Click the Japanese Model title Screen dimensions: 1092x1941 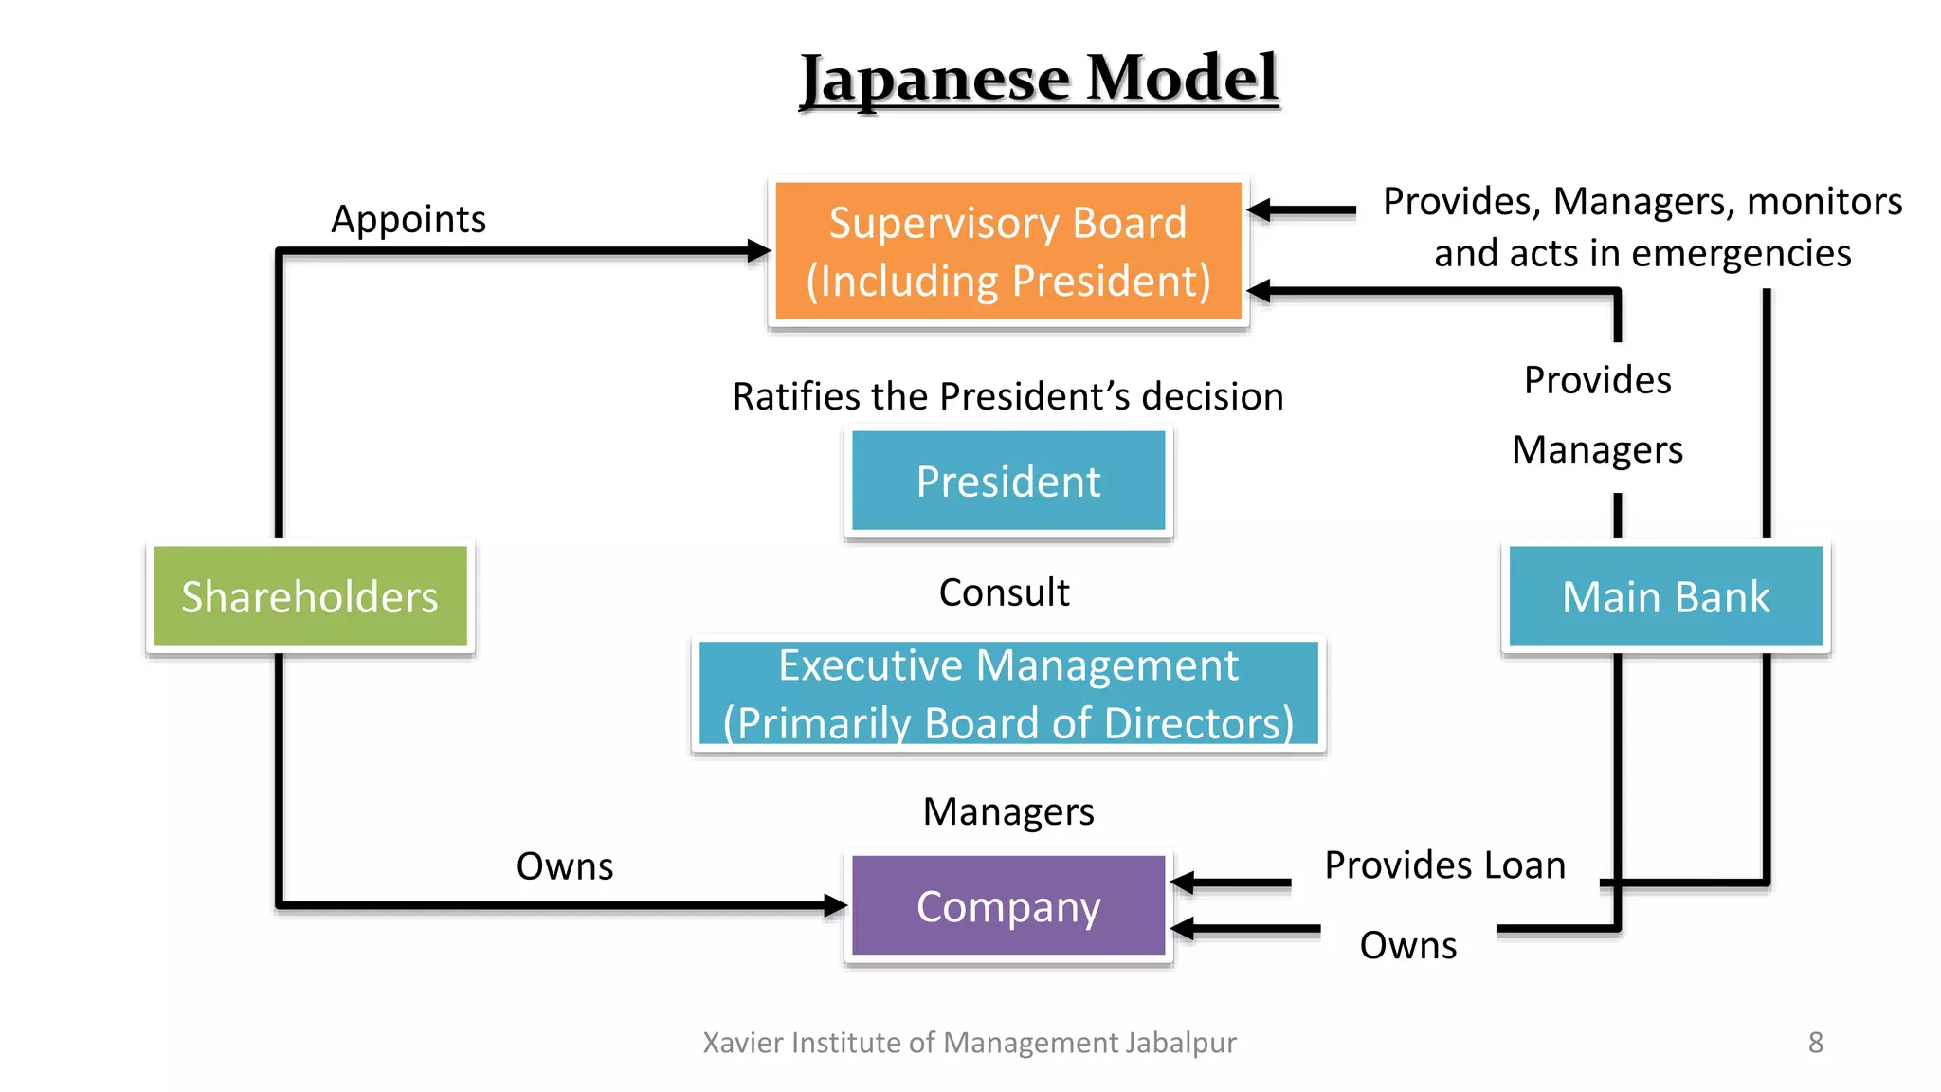click(x=1039, y=79)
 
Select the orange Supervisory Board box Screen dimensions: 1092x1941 click(x=1007, y=251)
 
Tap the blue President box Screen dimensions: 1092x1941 click(x=1007, y=482)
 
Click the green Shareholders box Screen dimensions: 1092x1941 click(x=310, y=596)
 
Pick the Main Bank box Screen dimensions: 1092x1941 click(x=1665, y=596)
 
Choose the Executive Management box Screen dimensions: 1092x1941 click(x=1007, y=694)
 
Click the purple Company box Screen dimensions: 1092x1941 click(x=1007, y=906)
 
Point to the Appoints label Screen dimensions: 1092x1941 click(x=408, y=220)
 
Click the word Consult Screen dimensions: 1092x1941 click(x=1004, y=592)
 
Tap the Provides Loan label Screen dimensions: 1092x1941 click(x=1444, y=865)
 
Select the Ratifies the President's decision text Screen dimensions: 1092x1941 click(x=1007, y=396)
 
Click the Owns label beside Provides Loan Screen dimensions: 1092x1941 click(x=1407, y=945)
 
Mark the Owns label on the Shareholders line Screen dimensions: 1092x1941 click(x=565, y=866)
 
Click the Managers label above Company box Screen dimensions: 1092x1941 click(x=1007, y=811)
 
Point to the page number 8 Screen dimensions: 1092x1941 click(x=1815, y=1043)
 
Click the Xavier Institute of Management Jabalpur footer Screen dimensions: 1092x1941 click(x=970, y=1043)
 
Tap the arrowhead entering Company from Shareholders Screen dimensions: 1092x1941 click(x=835, y=905)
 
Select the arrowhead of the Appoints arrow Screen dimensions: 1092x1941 click(x=759, y=251)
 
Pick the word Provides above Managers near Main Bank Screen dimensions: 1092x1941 click(x=1597, y=380)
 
